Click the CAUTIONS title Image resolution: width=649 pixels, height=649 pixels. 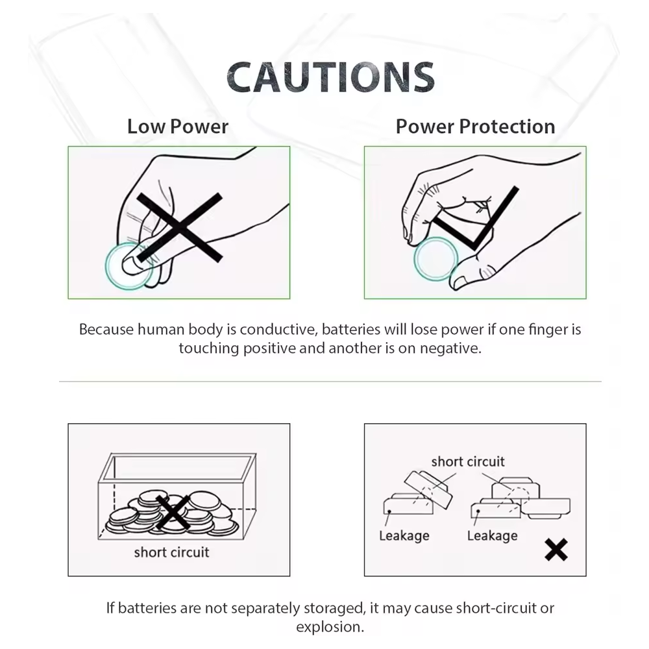coord(330,77)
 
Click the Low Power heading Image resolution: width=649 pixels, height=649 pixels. coord(178,127)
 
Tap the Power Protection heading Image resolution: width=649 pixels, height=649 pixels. coord(475,127)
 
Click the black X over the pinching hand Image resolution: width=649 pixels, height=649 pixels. coord(179,227)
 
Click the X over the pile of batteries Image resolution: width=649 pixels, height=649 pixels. coord(173,513)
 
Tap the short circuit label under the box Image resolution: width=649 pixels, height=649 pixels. coord(171,552)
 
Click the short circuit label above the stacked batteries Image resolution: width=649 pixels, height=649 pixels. coord(468,461)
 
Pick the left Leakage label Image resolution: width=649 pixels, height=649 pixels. coord(404,535)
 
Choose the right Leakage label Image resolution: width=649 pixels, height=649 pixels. coord(492,535)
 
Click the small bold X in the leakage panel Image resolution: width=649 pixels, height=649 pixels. coord(556,550)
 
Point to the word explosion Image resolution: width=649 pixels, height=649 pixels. coord(330,627)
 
